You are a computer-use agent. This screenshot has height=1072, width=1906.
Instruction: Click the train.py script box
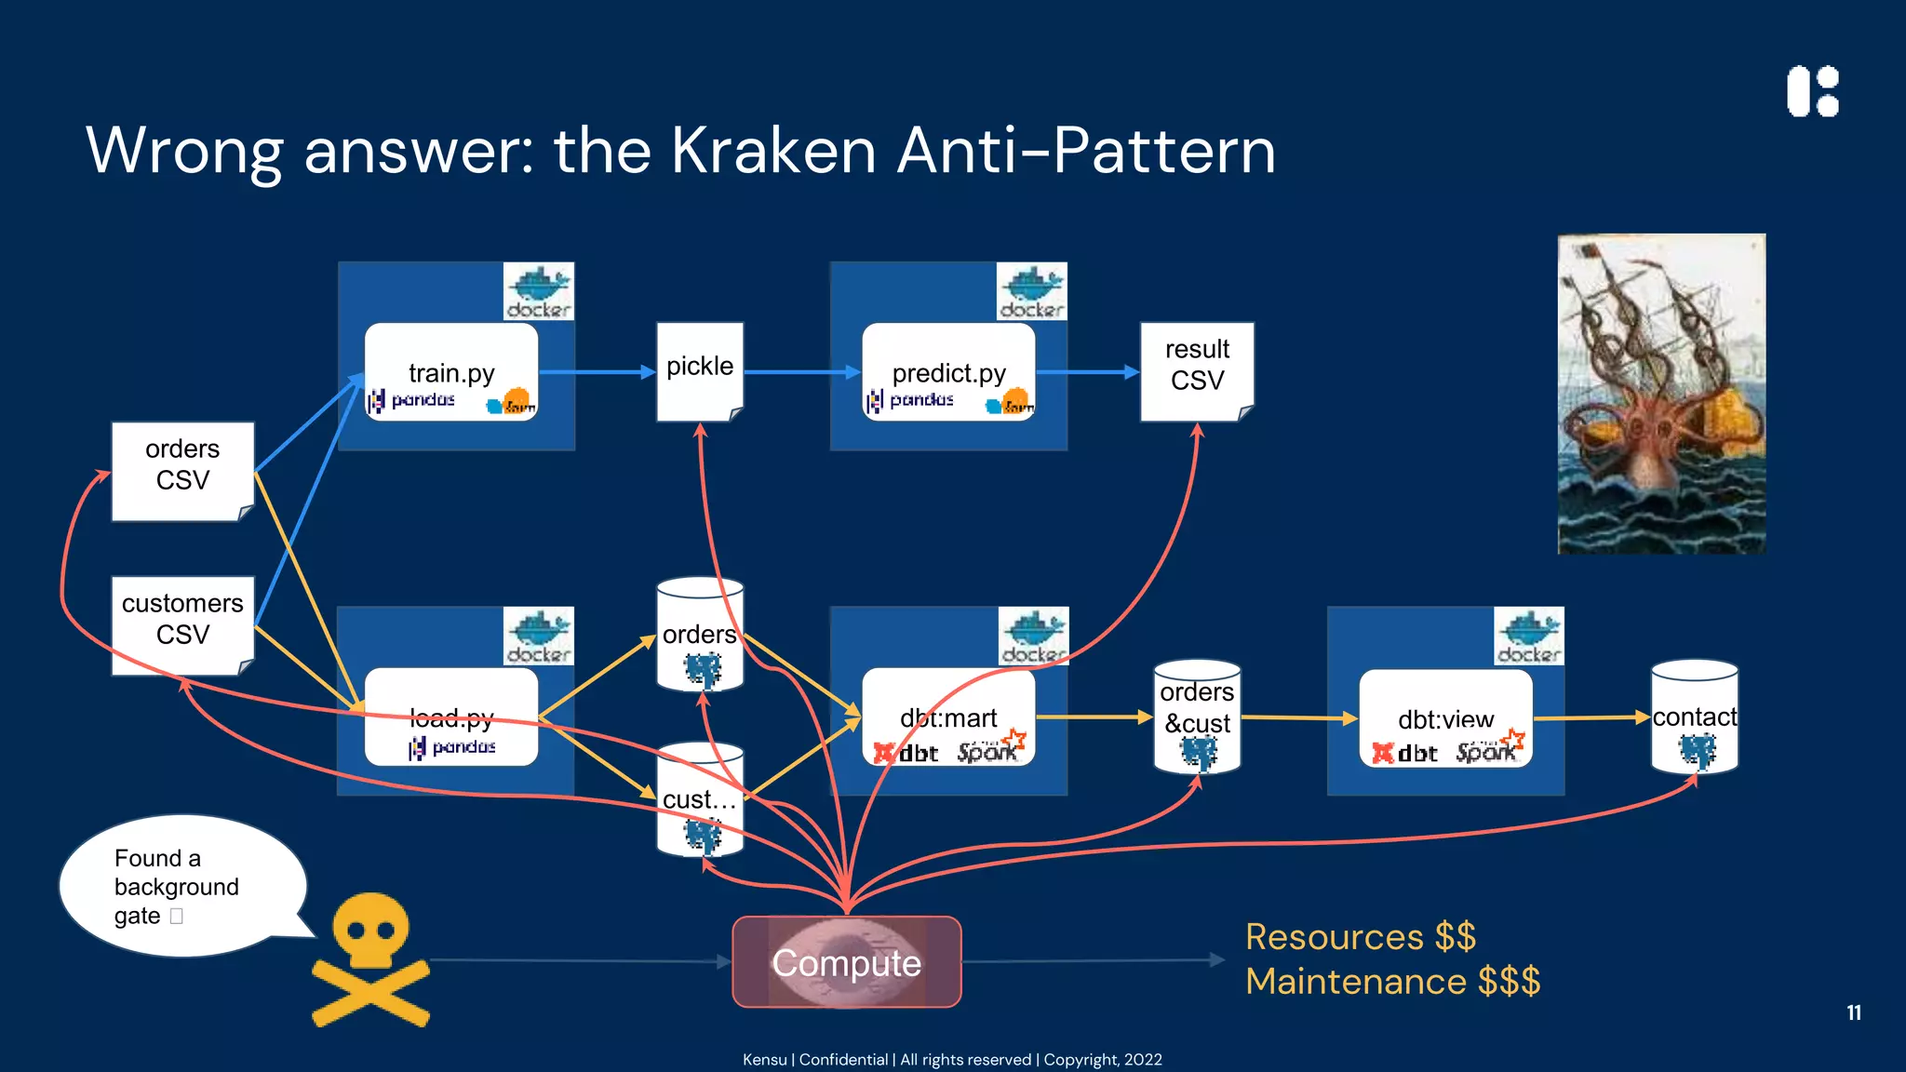(x=451, y=372)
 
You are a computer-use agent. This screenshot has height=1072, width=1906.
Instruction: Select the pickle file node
(x=700, y=371)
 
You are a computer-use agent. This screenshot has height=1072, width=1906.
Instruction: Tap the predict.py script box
(x=948, y=372)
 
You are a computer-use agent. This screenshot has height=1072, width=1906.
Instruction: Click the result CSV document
(x=1197, y=370)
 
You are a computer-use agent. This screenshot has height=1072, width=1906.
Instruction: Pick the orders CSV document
(x=182, y=470)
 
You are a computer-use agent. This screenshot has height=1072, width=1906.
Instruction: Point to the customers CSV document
(x=182, y=624)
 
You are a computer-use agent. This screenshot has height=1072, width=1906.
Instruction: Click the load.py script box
(x=451, y=717)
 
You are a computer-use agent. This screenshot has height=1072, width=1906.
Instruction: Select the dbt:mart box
(x=948, y=717)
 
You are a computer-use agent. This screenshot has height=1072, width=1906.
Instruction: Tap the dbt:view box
(x=1445, y=718)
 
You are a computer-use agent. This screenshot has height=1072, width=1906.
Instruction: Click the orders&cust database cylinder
(x=1197, y=717)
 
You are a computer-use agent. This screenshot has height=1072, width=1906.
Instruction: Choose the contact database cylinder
(x=1694, y=717)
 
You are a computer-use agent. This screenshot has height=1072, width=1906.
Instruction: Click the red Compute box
(x=846, y=962)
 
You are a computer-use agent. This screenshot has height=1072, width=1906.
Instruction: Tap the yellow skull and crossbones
(x=370, y=958)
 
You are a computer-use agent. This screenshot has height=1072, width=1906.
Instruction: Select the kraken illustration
(x=1661, y=394)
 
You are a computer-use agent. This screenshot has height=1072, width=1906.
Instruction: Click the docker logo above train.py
(x=538, y=291)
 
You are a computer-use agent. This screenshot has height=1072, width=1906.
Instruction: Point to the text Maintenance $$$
(x=1392, y=982)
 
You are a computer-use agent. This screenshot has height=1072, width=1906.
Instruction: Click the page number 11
(x=1853, y=1012)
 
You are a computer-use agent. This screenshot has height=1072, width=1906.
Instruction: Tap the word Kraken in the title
(x=773, y=151)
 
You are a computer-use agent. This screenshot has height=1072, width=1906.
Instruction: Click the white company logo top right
(x=1813, y=91)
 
